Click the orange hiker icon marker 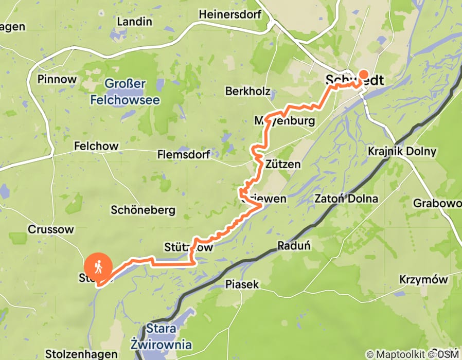pyautogui.click(x=98, y=266)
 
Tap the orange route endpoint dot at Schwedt pyautogui.click(x=364, y=74)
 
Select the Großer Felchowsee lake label pyautogui.click(x=125, y=92)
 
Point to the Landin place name pyautogui.click(x=134, y=22)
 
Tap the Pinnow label pyautogui.click(x=57, y=79)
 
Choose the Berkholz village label pyautogui.click(x=247, y=91)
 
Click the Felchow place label pyautogui.click(x=96, y=146)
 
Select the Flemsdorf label pyautogui.click(x=184, y=154)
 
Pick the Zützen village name pyautogui.click(x=283, y=164)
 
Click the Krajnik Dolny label pyautogui.click(x=402, y=151)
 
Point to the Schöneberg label pyautogui.click(x=143, y=210)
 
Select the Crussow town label pyautogui.click(x=51, y=229)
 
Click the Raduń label pyautogui.click(x=294, y=245)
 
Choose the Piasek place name pyautogui.click(x=242, y=284)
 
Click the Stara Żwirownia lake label pyautogui.click(x=161, y=336)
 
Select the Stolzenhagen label pyautogui.click(x=74, y=354)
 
